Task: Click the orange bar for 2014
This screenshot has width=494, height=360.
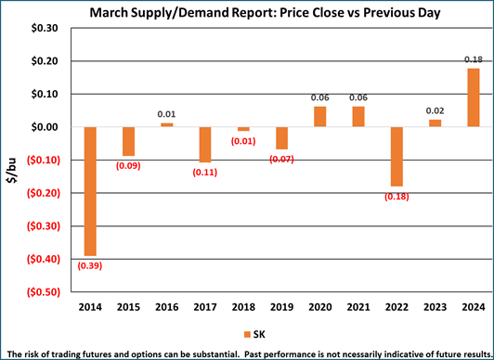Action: pyautogui.click(x=90, y=190)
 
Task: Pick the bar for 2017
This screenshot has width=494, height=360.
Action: pyautogui.click(x=205, y=144)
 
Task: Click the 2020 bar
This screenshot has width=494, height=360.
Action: pyautogui.click(x=320, y=116)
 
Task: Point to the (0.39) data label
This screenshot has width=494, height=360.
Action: pyautogui.click(x=90, y=266)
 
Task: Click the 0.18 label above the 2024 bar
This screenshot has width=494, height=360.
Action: pyautogui.click(x=473, y=59)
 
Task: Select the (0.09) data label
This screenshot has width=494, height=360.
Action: pyautogui.click(x=128, y=166)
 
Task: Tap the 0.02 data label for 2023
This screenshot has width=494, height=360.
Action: pyautogui.click(x=435, y=111)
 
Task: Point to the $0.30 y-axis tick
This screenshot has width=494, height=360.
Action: pyautogui.click(x=45, y=28)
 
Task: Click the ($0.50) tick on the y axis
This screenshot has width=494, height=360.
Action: pyautogui.click(x=42, y=291)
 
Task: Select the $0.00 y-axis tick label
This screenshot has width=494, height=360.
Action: pyautogui.click(x=45, y=127)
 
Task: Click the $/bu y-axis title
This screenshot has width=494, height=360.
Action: pyautogui.click(x=12, y=160)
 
